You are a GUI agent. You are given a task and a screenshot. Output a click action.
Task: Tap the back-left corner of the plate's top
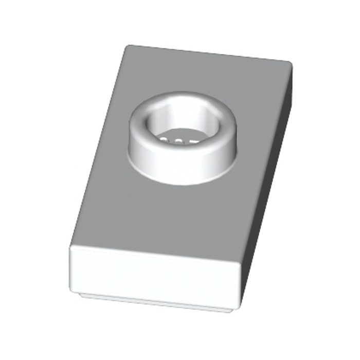coord(127,47)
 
